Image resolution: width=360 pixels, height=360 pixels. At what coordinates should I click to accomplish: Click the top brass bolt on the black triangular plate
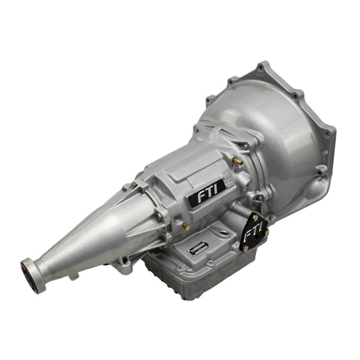coord(255,218)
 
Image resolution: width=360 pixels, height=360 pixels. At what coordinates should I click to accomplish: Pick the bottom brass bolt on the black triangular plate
coord(245,248)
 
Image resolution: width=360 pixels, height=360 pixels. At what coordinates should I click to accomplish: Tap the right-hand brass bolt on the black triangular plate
coord(267,232)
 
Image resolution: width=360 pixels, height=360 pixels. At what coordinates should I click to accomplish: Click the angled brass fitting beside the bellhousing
coord(238,161)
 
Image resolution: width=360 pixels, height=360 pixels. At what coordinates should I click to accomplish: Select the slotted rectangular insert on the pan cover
coord(198,248)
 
